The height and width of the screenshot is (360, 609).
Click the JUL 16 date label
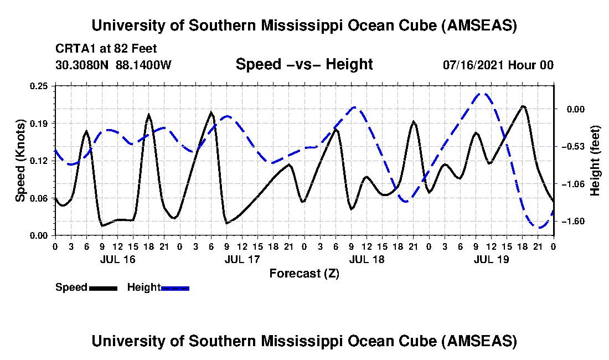point(118,259)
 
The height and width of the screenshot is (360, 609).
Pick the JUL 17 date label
point(242,259)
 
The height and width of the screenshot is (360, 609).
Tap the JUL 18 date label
point(367,259)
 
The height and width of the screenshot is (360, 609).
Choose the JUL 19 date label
point(492,259)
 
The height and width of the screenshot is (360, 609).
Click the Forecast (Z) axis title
point(304,273)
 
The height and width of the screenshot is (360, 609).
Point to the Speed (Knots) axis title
point(20,161)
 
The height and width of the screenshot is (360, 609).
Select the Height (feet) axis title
point(596,161)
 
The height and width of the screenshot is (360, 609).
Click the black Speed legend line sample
point(102,287)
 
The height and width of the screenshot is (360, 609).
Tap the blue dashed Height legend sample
point(175,287)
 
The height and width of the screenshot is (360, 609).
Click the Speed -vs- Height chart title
point(304,64)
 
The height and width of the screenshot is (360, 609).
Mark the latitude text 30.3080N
point(83,65)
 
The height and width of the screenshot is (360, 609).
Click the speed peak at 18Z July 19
point(523,106)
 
